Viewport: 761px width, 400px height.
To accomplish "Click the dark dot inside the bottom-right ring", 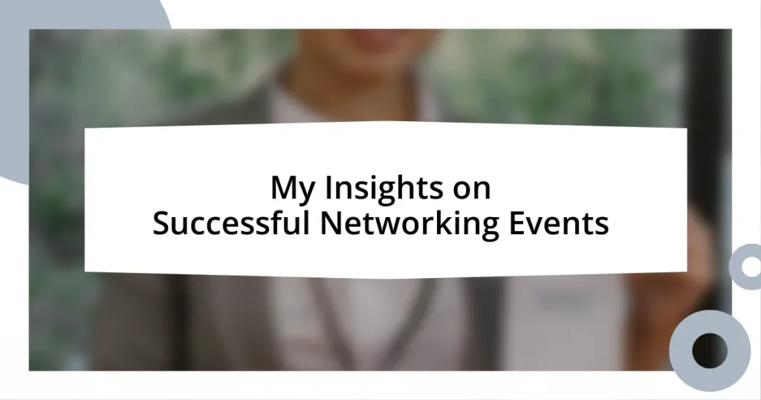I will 709,349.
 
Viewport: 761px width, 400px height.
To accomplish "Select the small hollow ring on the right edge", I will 745,266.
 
